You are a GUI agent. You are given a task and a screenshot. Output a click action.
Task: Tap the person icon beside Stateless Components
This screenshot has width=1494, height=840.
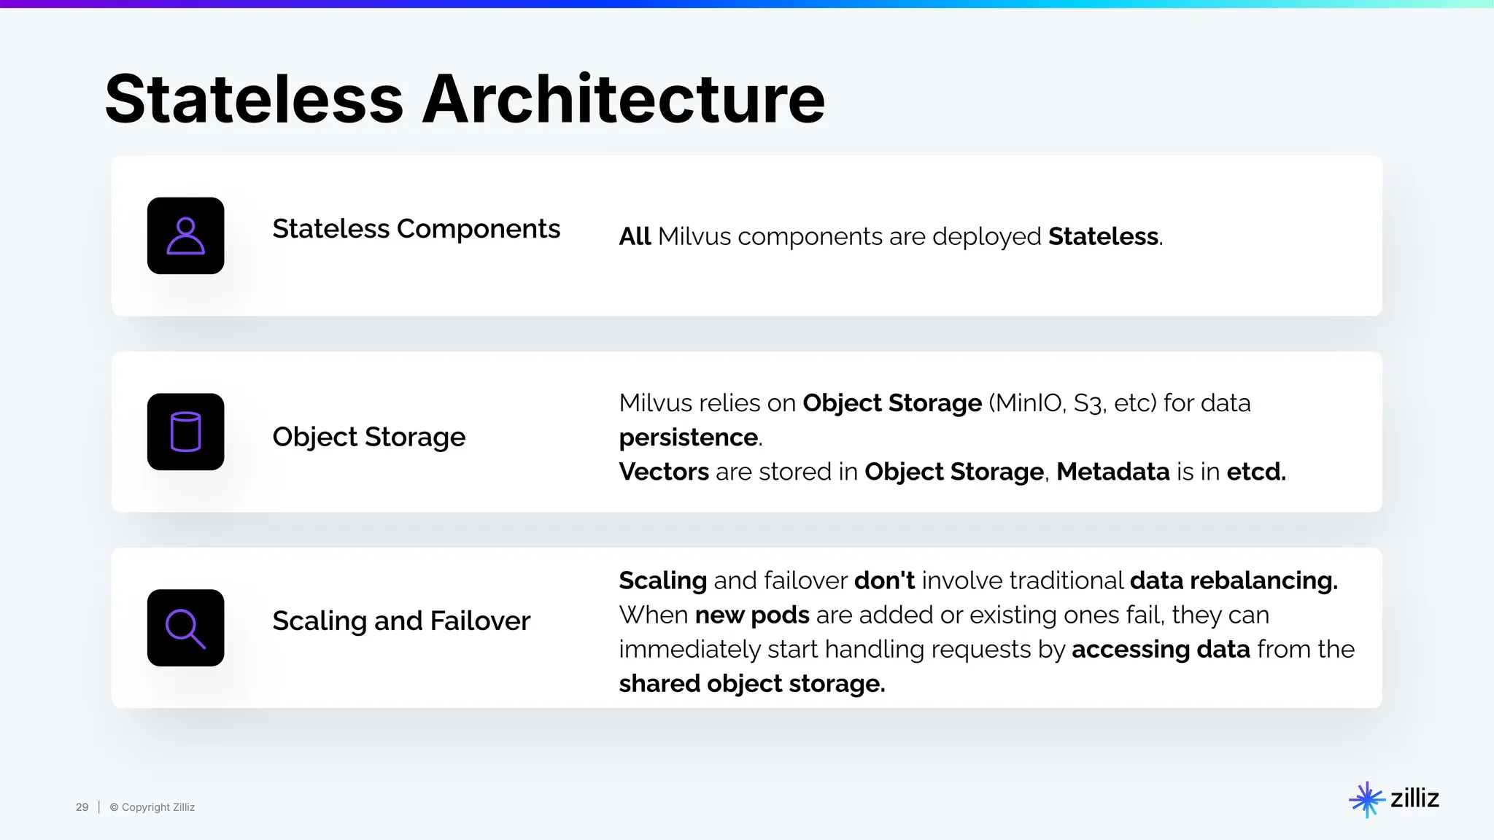click(185, 236)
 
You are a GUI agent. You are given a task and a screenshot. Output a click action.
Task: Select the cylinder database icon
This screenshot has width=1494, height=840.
click(185, 432)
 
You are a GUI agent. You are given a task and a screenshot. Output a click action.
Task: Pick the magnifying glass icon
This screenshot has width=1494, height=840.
click(185, 628)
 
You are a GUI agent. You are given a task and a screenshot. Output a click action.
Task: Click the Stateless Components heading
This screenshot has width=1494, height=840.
click(416, 229)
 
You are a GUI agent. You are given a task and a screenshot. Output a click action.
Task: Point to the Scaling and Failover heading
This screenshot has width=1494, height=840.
click(401, 621)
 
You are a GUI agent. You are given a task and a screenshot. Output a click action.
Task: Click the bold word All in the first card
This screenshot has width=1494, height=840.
click(635, 237)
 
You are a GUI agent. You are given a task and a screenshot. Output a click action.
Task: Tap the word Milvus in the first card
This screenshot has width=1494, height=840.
click(694, 237)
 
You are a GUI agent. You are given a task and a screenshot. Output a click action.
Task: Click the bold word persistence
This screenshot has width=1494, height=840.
click(689, 437)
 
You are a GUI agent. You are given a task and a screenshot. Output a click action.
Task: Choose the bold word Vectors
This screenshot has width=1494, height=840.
click(664, 472)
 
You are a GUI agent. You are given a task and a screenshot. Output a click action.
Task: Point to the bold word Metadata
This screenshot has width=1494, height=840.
click(1113, 472)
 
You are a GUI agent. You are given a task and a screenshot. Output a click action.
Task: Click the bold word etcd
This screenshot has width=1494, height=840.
click(1255, 472)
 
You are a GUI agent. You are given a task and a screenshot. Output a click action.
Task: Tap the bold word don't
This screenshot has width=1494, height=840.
click(884, 580)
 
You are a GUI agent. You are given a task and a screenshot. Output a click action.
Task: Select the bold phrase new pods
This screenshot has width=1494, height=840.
click(752, 615)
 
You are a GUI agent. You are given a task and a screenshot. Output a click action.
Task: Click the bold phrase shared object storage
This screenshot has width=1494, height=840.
click(751, 684)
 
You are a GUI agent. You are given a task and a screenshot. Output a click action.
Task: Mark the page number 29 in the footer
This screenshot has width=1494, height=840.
click(82, 807)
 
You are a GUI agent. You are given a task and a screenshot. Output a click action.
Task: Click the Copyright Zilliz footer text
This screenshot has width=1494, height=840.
click(152, 807)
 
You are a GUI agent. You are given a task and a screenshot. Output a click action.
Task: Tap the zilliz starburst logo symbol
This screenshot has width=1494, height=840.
click(1366, 799)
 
